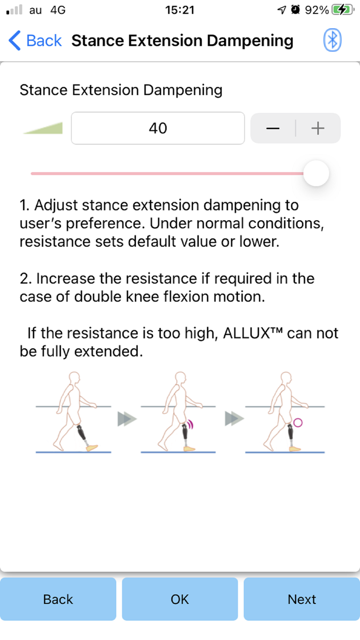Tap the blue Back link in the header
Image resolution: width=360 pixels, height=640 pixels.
coord(35,41)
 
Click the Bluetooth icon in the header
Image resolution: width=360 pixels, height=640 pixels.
coord(333,40)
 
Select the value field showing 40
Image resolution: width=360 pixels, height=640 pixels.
coord(158,128)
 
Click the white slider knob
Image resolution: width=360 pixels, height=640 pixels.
coord(316,173)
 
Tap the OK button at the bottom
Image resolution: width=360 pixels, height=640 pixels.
coord(180,599)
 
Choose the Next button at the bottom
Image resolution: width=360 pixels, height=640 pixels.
coord(301,599)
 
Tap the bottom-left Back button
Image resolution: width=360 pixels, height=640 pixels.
coord(58,599)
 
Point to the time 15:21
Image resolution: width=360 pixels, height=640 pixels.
coord(180,10)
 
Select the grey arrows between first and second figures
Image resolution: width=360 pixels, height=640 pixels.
coord(127,419)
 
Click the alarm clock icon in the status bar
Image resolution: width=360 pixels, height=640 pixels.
coord(295,10)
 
